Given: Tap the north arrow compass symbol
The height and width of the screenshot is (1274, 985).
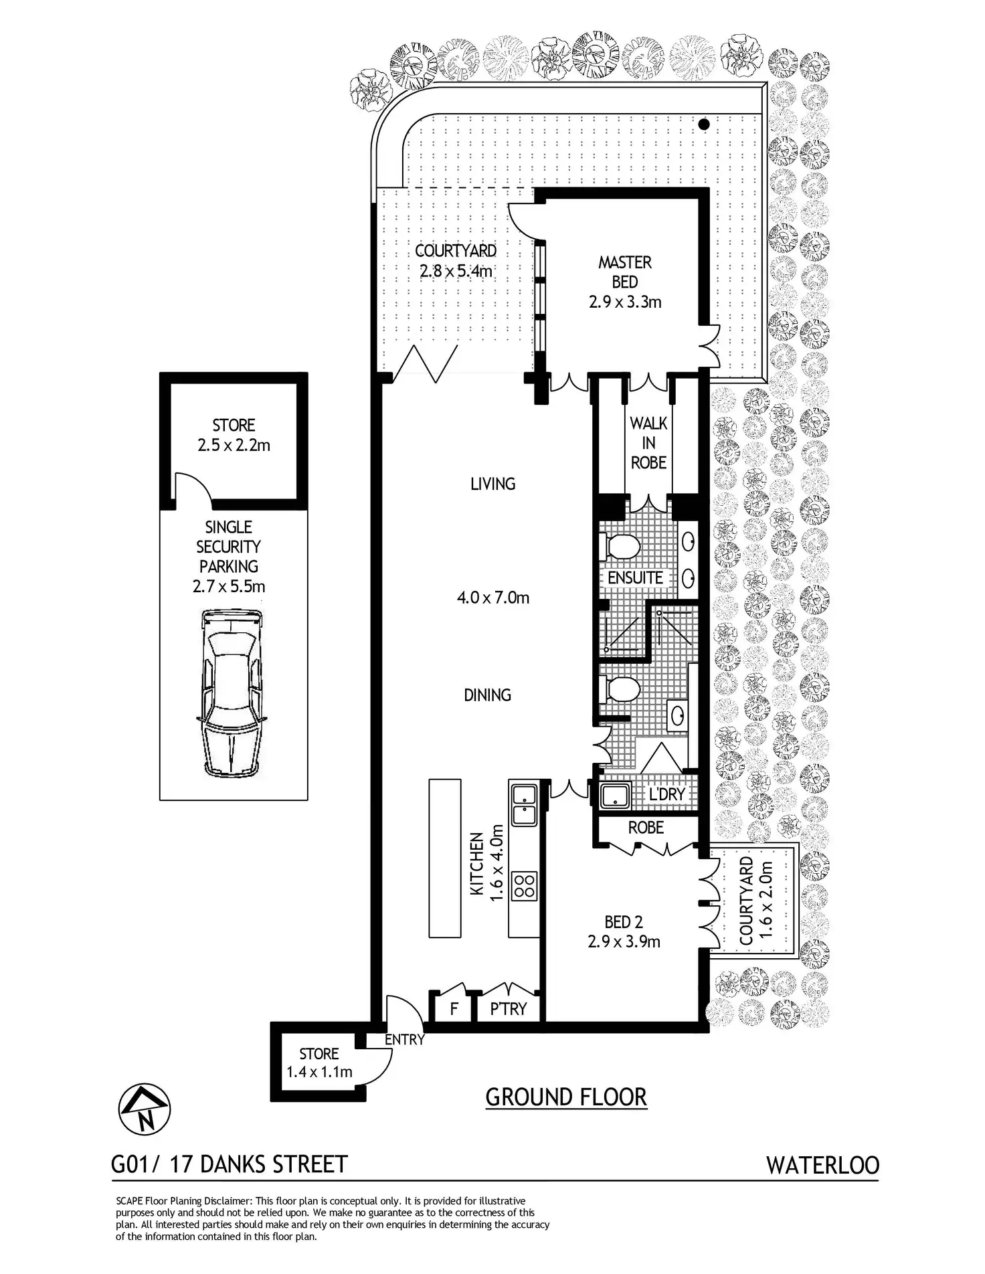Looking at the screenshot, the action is point(145,1109).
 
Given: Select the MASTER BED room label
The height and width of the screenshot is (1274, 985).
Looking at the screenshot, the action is point(625,272).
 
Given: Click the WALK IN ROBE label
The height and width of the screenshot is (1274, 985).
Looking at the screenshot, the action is point(648,442).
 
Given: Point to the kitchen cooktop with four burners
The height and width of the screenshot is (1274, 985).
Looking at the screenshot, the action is point(523,886).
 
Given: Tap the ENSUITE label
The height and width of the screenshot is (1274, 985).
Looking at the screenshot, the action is point(635,577).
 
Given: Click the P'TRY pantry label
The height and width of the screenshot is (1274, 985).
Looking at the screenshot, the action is point(509,1008).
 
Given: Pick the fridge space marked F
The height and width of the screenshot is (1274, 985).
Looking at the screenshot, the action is point(453,1008).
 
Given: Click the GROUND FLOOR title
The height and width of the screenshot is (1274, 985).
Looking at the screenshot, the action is point(566,1097).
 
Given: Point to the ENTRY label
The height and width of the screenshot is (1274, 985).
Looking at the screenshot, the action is point(404,1039).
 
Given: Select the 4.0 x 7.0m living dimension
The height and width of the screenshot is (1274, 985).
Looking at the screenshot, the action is point(493,597).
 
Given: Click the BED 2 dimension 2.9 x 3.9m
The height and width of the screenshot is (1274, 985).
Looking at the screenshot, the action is point(624,941).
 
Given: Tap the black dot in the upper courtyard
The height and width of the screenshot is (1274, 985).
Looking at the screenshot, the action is point(703,124).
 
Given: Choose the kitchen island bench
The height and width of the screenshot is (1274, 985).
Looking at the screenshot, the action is point(445,858).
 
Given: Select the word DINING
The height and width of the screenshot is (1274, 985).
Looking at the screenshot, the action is point(487,695).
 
